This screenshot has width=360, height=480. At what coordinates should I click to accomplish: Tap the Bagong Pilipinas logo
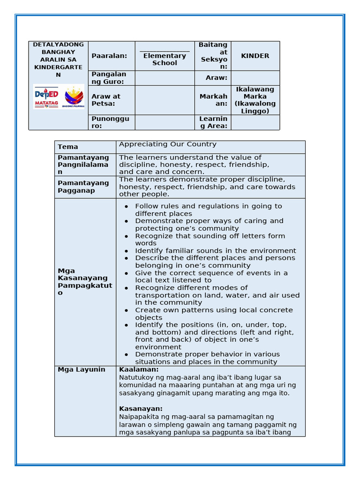[73, 97]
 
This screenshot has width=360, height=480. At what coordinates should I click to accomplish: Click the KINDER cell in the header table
[255, 56]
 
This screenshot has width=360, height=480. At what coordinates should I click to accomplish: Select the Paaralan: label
[109, 56]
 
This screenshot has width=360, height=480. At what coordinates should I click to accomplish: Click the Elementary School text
[165, 59]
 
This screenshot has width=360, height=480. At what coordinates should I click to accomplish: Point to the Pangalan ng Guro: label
[109, 78]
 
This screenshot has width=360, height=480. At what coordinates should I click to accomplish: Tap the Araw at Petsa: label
[106, 100]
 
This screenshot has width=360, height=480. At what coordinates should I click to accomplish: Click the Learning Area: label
[213, 122]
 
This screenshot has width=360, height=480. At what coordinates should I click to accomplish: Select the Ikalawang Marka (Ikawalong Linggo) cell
[255, 100]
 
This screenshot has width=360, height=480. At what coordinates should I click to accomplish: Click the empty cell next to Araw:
[255, 78]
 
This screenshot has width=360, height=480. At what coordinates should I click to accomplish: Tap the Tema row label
[68, 147]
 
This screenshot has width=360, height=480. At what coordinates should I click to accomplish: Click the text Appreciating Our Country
[168, 144]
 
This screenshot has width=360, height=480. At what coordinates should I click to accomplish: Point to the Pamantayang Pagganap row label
[83, 187]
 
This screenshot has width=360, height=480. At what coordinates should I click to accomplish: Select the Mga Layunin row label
[75, 369]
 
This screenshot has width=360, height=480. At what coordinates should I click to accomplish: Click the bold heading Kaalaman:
[139, 369]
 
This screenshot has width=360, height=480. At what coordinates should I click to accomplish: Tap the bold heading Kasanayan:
[141, 409]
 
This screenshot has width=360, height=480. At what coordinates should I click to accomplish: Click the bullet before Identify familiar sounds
[126, 251]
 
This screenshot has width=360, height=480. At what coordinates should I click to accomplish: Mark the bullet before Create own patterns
[126, 310]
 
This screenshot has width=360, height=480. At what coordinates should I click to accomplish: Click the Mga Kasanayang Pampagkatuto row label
[84, 282]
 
